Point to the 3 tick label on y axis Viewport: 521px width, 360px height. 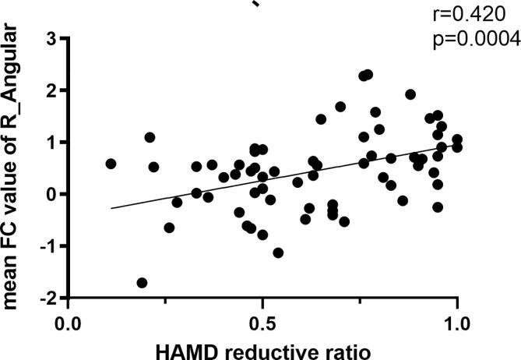51,38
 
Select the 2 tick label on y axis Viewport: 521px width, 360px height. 51,90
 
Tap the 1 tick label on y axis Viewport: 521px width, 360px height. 51,143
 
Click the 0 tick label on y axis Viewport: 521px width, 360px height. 51,194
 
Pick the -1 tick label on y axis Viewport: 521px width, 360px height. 48,246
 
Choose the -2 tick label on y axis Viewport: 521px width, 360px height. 48,298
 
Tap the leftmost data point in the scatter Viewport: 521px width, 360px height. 111,164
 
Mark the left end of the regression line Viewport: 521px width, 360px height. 111,208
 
